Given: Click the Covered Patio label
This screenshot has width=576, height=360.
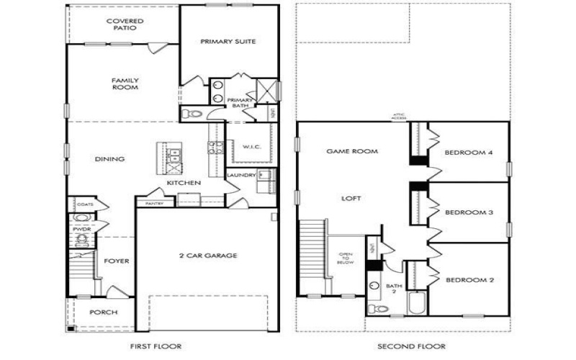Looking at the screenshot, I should pos(125,24).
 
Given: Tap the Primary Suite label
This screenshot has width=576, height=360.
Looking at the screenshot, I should pos(228,42).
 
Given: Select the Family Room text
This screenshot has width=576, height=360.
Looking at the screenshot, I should pos(125,84).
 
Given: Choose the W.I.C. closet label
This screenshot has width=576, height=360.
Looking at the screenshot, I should pos(251,146).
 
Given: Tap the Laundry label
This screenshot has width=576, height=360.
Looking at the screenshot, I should pos(240,175).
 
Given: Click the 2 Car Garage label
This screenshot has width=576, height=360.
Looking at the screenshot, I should pos(208,255).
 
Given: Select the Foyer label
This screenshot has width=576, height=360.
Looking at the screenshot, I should pos(117,261).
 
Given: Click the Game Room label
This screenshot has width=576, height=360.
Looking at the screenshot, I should pos(353,152).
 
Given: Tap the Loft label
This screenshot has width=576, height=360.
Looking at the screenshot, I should pos(351,198).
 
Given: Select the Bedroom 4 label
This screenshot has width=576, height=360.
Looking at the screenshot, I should pos(469,153).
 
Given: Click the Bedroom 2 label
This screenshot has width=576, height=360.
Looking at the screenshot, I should pos(469,279).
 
